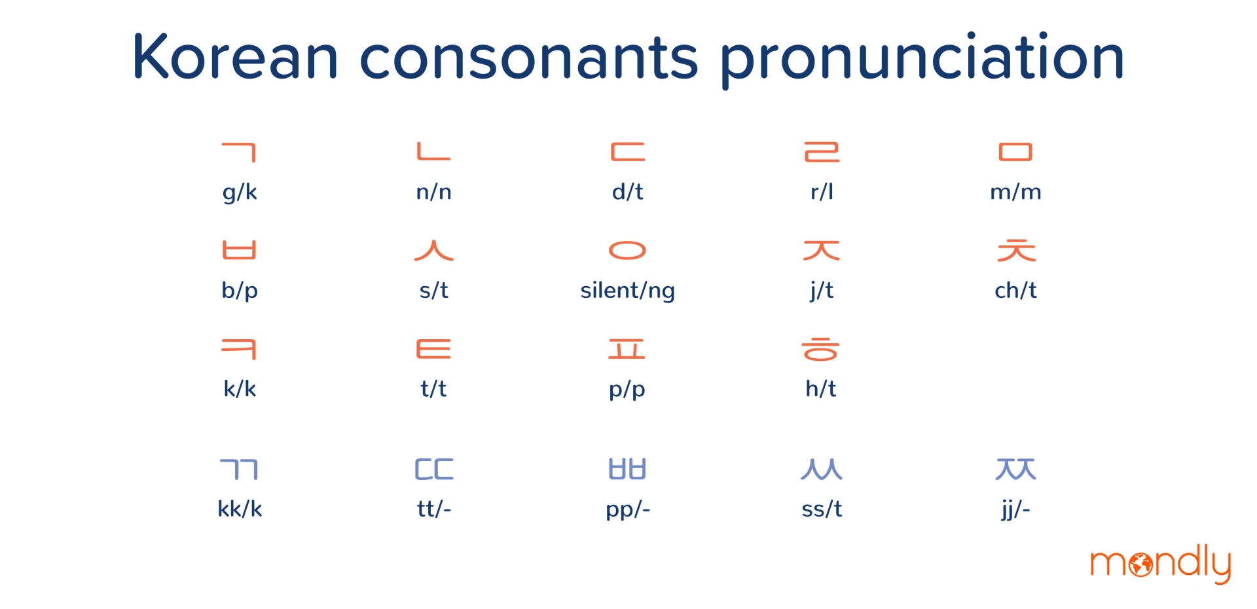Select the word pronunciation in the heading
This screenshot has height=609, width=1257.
click(x=922, y=59)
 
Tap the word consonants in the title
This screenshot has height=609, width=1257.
click(x=529, y=58)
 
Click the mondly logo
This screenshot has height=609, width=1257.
click(x=1160, y=563)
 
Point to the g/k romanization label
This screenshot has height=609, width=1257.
click(x=240, y=192)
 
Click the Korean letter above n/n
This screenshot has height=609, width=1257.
click(x=434, y=151)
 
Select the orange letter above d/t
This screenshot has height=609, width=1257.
click(x=628, y=152)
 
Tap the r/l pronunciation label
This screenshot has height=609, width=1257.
click(x=822, y=191)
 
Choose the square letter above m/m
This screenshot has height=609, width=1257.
click(x=1015, y=152)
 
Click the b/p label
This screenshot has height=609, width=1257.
click(x=240, y=290)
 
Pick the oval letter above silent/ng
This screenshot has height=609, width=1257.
click(x=627, y=251)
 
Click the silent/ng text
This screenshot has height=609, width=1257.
click(x=627, y=290)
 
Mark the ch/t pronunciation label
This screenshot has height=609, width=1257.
click(x=1015, y=290)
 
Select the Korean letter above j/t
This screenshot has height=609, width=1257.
click(x=822, y=250)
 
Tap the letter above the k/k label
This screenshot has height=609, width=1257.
click(x=239, y=349)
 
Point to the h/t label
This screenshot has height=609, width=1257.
click(x=821, y=388)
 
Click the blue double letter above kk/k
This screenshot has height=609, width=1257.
click(x=239, y=470)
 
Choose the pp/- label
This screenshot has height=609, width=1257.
click(x=628, y=509)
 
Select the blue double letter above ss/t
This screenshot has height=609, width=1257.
click(x=822, y=470)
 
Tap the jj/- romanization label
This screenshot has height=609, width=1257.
click(x=1015, y=509)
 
